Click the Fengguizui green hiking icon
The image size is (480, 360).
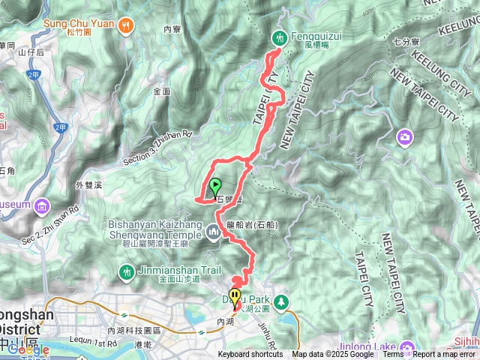click(x=280, y=36)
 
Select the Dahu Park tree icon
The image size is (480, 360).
click(x=282, y=301)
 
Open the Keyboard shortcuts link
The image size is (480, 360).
click(x=250, y=355)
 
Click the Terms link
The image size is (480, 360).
click(x=393, y=355)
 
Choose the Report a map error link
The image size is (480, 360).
click(x=444, y=355)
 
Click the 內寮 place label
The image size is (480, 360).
click(x=172, y=29)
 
